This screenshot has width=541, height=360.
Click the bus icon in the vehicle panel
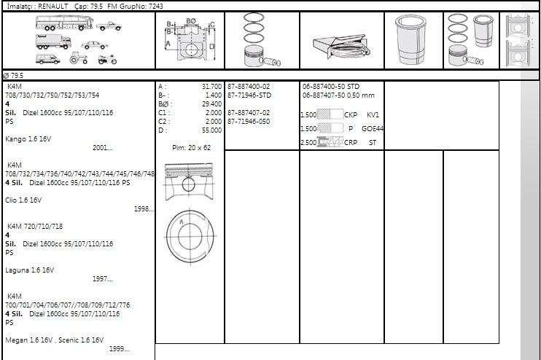click(64, 23)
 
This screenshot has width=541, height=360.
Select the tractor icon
click(78, 58)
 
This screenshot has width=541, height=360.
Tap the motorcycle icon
click(107, 59)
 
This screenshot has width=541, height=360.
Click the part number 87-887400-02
click(249, 87)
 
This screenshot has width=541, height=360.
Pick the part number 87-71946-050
click(249, 122)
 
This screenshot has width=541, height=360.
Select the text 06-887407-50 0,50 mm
click(338, 95)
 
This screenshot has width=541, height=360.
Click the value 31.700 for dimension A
click(211, 87)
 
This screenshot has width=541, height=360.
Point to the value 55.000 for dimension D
click(211, 130)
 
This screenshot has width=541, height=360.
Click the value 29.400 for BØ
click(211, 104)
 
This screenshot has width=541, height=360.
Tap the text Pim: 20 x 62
click(191, 148)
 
